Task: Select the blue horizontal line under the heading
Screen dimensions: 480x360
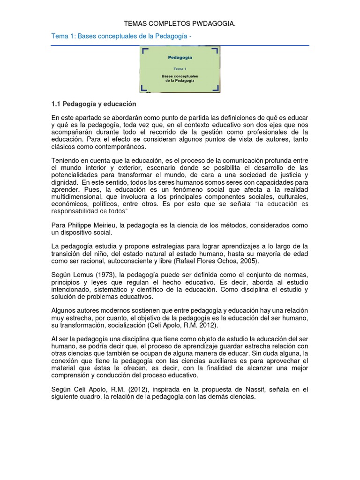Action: click(x=180, y=45)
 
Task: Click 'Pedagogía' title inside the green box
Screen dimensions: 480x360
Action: click(x=180, y=58)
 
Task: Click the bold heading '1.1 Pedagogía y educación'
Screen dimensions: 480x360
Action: click(x=93, y=104)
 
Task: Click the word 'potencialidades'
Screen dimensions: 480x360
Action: click(x=75, y=175)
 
